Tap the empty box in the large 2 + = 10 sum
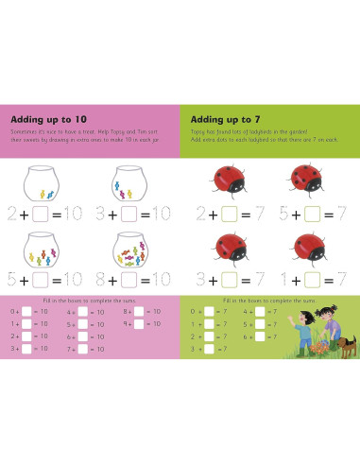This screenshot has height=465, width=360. pyautogui.click(x=41, y=214)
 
